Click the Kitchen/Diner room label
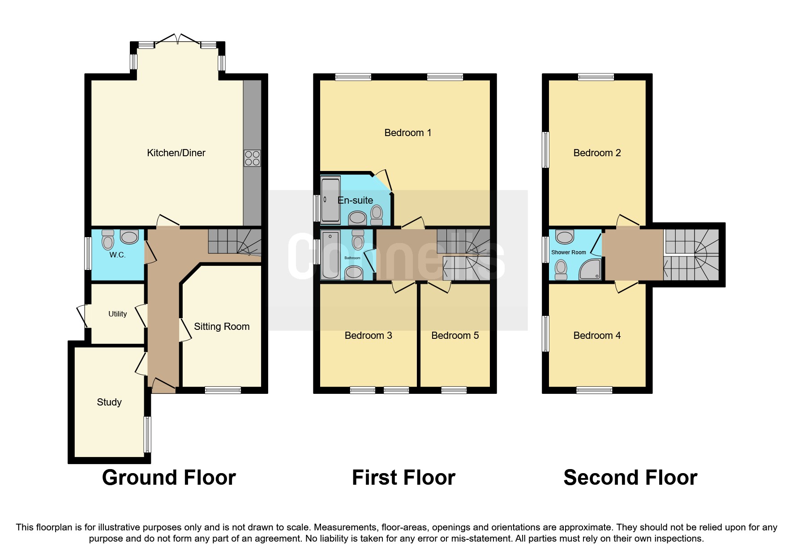click(176, 153)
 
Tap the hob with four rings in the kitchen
click(252, 158)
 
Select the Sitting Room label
click(222, 326)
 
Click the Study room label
click(109, 402)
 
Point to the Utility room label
click(117, 314)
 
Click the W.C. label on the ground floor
click(117, 255)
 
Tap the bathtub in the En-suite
click(331, 200)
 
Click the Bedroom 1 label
click(407, 132)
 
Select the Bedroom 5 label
click(455, 335)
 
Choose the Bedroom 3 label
click(368, 335)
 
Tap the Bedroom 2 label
click(597, 153)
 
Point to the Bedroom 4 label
click(597, 335)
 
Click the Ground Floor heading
click(169, 477)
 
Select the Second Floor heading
click(630, 477)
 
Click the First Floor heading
click(403, 477)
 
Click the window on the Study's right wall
click(147, 434)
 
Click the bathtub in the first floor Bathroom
click(331, 254)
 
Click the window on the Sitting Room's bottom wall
click(223, 390)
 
